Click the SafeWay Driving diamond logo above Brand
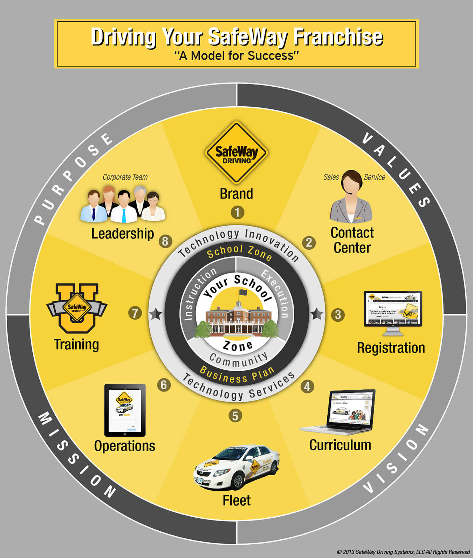(x=236, y=153)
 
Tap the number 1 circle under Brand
(x=237, y=212)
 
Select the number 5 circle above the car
(x=235, y=416)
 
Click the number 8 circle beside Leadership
(x=165, y=241)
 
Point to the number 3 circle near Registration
(x=338, y=314)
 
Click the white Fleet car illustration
(x=237, y=467)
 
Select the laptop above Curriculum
(x=337, y=412)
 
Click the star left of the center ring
(x=156, y=314)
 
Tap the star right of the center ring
(x=317, y=314)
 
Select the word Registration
(x=391, y=348)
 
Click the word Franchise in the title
(x=338, y=37)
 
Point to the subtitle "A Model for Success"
(x=236, y=56)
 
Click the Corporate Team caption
(x=125, y=177)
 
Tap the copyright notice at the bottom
(x=403, y=552)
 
